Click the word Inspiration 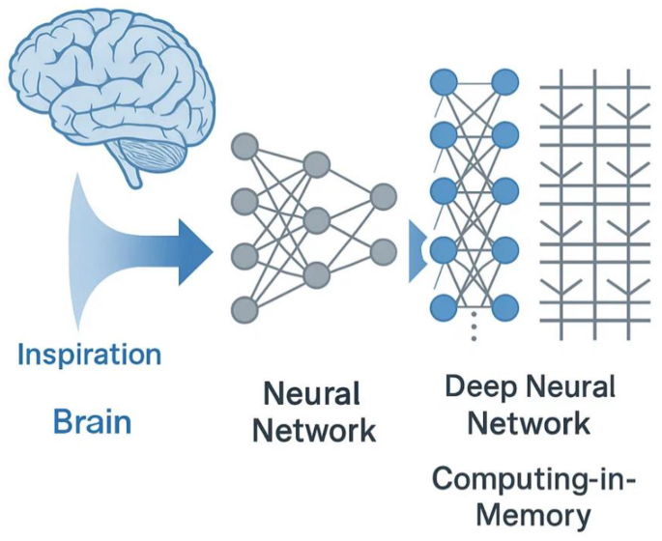point(89,354)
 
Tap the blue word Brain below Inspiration point(93,422)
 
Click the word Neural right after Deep point(571,387)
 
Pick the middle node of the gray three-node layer point(317,221)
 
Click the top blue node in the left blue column point(442,81)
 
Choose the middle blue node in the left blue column point(442,188)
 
